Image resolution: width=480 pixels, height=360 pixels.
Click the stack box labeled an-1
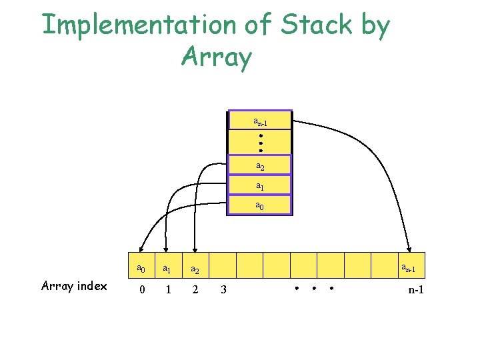pyautogui.click(x=260, y=120)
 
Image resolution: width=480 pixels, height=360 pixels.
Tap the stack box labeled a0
pyautogui.click(x=260, y=205)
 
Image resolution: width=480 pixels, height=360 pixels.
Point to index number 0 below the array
pyautogui.click(x=141, y=289)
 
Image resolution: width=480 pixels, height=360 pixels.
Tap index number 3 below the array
pyautogui.click(x=223, y=289)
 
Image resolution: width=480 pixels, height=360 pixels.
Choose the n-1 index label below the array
pyautogui.click(x=416, y=289)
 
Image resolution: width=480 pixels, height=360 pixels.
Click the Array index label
pyautogui.click(x=74, y=286)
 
